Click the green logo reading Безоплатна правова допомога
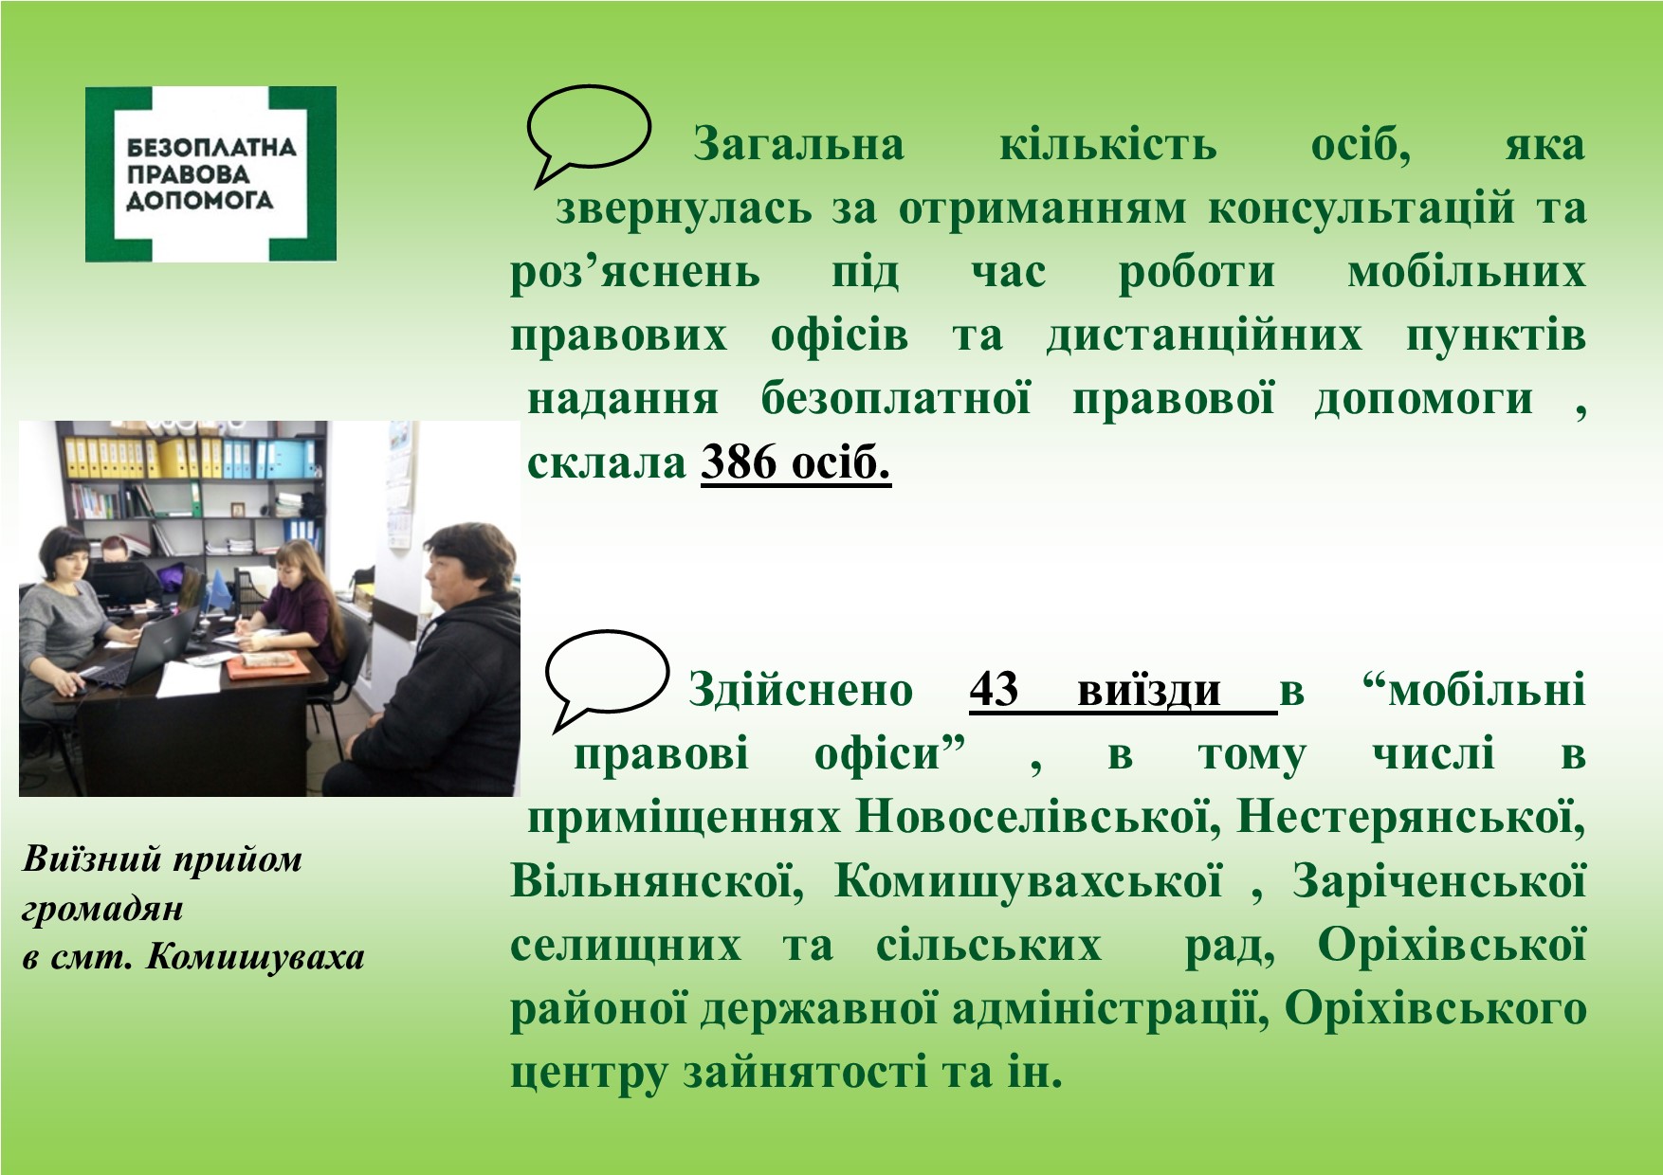pyautogui.click(x=210, y=174)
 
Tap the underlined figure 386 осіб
pyautogui.click(x=795, y=463)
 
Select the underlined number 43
pyautogui.click(x=994, y=690)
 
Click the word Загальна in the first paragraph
pyautogui.click(x=798, y=145)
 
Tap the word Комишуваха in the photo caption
pyautogui.click(x=255, y=957)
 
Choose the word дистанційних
pyautogui.click(x=1204, y=336)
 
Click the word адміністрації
pyautogui.click(x=1110, y=1009)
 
